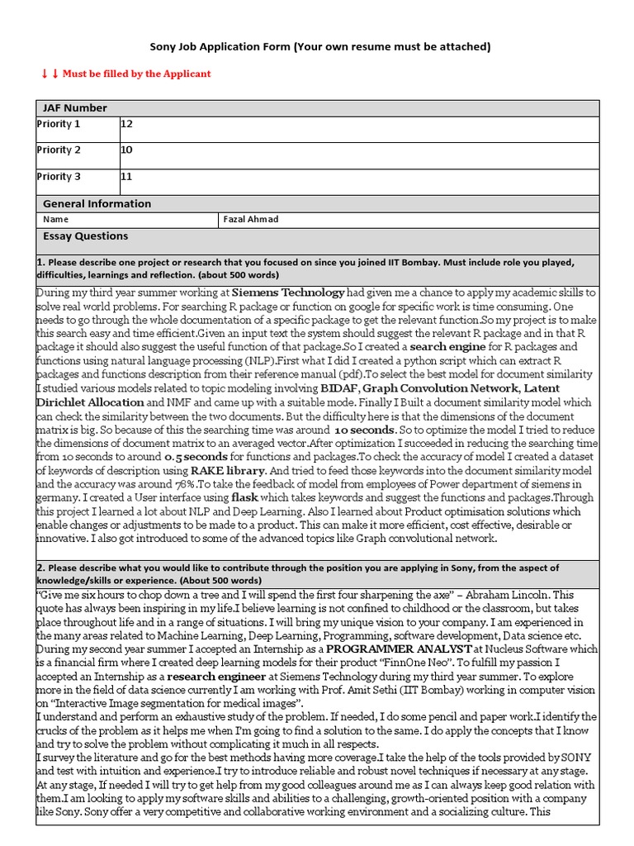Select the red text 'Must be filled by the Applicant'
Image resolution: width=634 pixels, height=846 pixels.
point(136,74)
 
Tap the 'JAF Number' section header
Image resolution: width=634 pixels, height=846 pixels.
point(75,108)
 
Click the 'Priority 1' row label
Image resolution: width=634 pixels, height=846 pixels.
point(59,124)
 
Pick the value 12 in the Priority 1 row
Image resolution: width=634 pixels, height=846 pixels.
point(127,124)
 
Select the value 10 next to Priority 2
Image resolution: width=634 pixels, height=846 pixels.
point(127,150)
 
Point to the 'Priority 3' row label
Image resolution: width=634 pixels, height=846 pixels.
point(59,176)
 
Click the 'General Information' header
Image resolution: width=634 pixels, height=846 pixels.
point(97,203)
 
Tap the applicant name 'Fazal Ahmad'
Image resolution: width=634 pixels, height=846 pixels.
point(252,220)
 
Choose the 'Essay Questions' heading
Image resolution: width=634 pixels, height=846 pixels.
point(86,236)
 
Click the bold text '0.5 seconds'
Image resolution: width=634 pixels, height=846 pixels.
point(196,456)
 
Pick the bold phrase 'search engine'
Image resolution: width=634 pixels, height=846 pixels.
point(448,347)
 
